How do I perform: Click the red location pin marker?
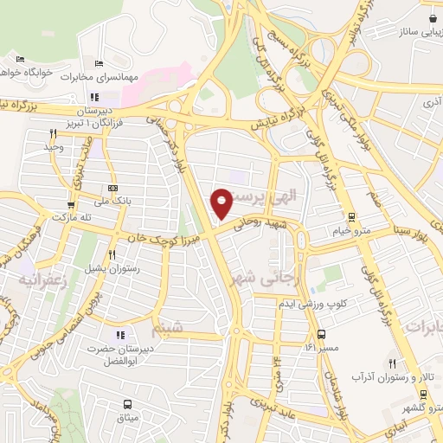point(222,202)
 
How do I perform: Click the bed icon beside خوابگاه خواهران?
point(21,59)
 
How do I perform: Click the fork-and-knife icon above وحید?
point(54,133)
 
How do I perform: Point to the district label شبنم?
point(168,330)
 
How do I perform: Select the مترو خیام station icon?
point(350,217)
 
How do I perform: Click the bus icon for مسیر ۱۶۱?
point(321,334)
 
